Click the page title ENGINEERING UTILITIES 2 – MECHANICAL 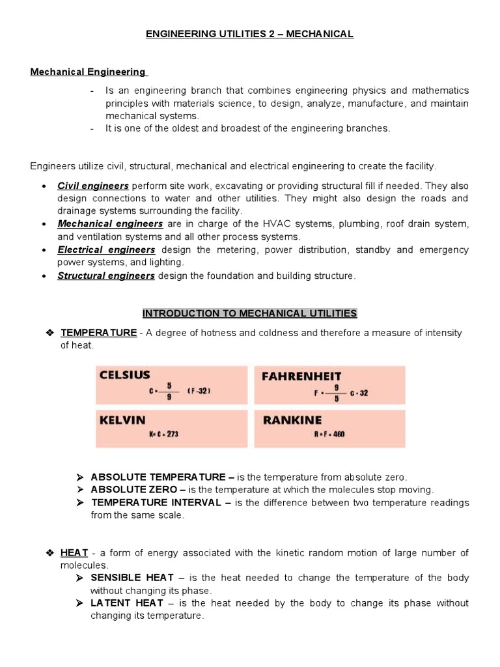point(249,34)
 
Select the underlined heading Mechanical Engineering point(89,72)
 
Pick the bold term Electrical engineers point(106,249)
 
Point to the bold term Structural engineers point(106,276)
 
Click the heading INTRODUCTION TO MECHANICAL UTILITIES point(249,313)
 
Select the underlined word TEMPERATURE point(98,333)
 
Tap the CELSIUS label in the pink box point(124,375)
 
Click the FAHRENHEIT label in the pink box point(301,376)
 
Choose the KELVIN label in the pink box point(122,420)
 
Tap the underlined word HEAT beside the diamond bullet point(74,553)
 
